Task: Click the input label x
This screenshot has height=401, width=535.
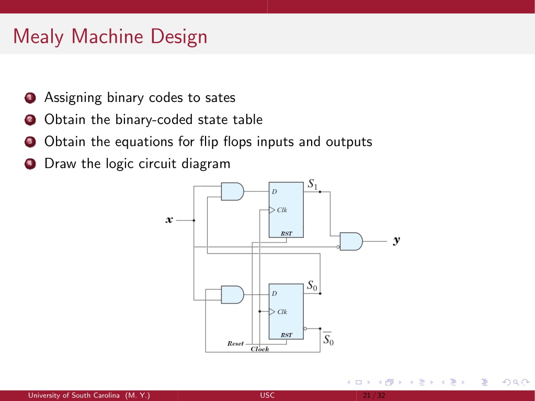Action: coord(169,220)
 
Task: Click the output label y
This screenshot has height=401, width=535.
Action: coord(396,240)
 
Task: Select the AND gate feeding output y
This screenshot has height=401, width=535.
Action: coord(351,242)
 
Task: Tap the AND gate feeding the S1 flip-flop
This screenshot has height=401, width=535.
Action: coord(232,191)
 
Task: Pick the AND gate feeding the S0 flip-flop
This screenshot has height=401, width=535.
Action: coord(232,295)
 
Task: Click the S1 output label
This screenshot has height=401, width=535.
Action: coord(313,185)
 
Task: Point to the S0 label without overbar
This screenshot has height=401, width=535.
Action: coord(312,286)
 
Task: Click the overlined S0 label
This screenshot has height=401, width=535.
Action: coord(328,339)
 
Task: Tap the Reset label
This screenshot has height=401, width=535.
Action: coord(235,343)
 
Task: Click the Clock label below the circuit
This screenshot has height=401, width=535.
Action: coord(260,349)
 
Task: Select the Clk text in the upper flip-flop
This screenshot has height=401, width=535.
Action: coord(282,210)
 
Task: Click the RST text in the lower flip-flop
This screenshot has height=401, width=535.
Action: coord(286,335)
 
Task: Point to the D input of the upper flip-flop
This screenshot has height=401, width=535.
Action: coord(275,192)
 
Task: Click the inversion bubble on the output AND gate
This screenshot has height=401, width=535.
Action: coord(338,247)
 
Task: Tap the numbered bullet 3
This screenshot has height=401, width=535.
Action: coord(30,142)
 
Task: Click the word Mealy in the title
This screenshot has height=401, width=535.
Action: coord(38,37)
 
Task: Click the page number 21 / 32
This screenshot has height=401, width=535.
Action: coord(374,396)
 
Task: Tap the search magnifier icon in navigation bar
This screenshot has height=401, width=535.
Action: coord(516,382)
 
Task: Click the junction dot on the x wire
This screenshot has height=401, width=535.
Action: coord(194,220)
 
